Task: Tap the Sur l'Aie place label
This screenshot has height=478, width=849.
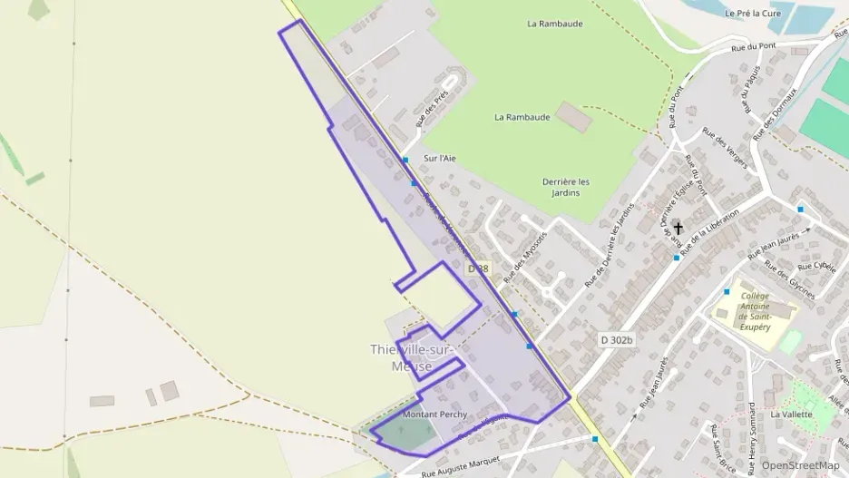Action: [440, 158]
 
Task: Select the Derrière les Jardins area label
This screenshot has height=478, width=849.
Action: [566, 187]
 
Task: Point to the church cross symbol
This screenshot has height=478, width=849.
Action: [678, 229]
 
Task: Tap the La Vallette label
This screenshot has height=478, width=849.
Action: [792, 414]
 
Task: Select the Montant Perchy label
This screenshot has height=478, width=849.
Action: [434, 415]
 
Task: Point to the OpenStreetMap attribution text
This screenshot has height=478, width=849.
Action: [800, 465]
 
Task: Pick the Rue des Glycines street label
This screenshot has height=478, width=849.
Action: [789, 279]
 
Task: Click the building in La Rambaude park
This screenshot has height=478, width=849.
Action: [573, 116]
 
